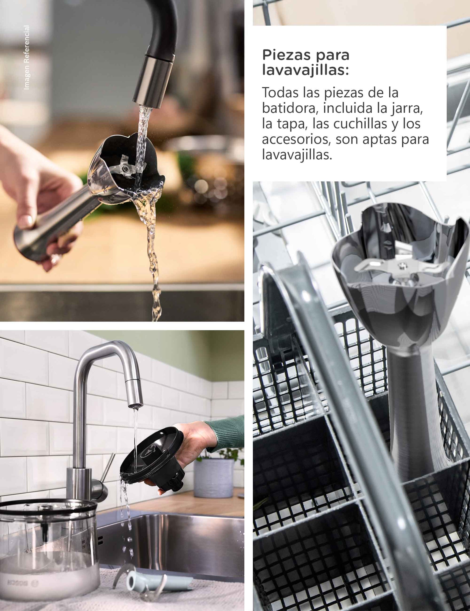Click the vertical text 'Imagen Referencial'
26,57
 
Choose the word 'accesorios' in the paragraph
297,139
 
